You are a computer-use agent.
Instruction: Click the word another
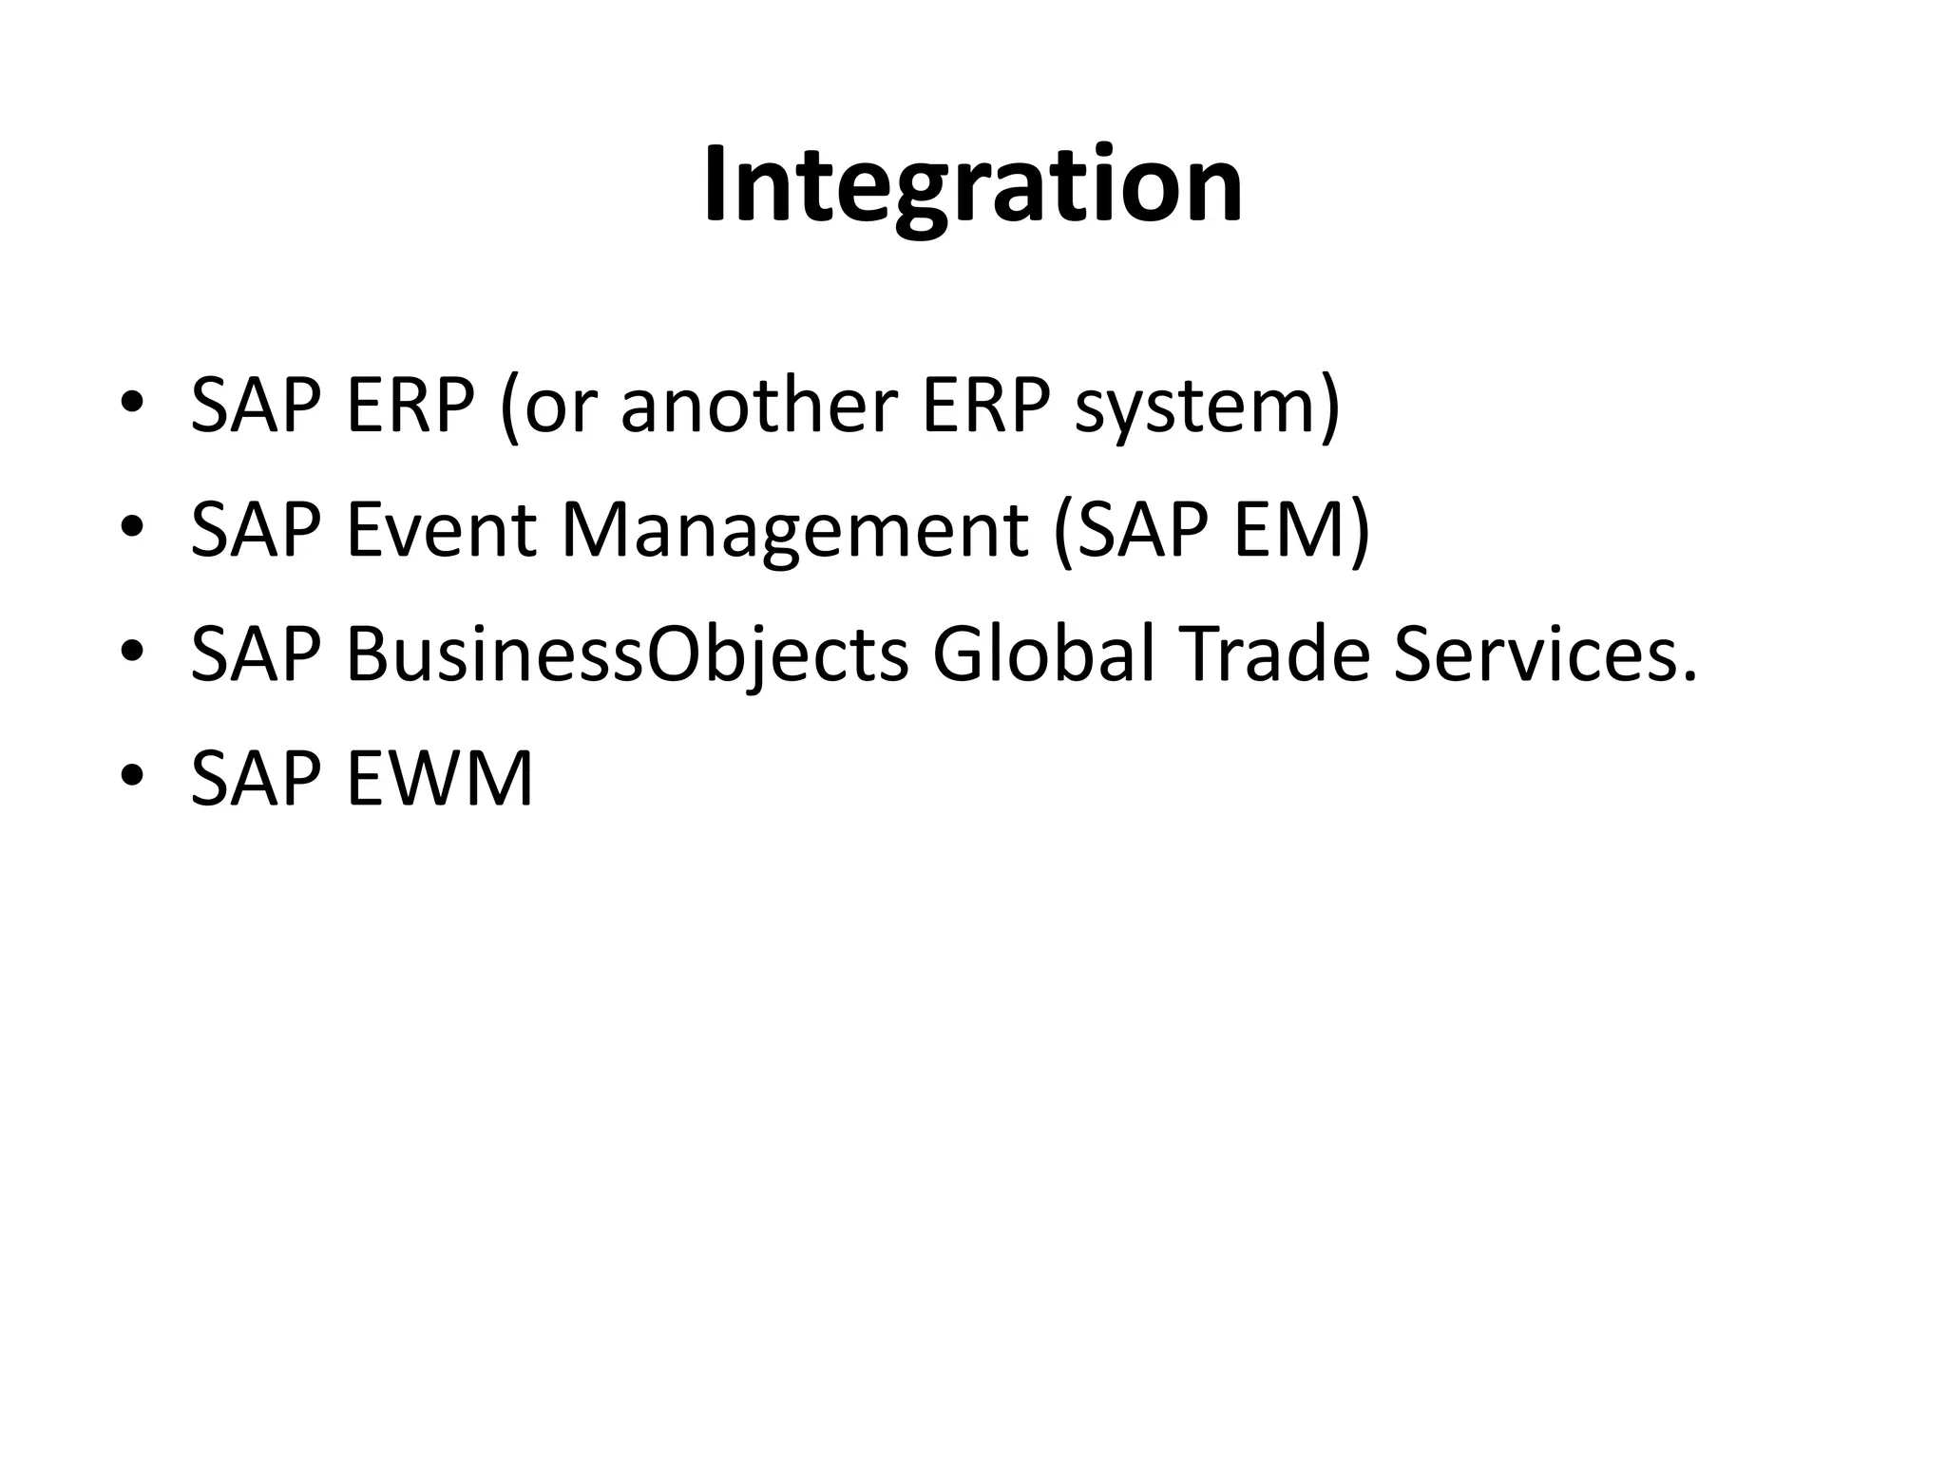[x=758, y=406]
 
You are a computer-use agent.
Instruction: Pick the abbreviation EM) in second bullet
[x=1301, y=530]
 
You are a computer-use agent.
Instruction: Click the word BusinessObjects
[x=627, y=655]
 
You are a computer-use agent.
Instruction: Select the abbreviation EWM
[x=439, y=778]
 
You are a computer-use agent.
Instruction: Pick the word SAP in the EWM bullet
[x=256, y=778]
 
